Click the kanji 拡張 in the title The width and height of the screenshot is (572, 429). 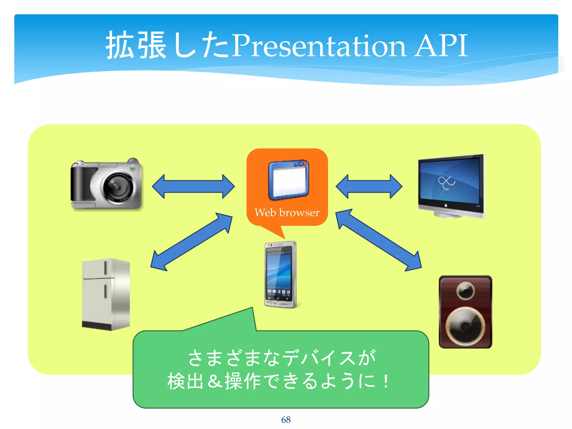[x=136, y=45]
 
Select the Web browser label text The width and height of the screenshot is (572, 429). [x=287, y=213]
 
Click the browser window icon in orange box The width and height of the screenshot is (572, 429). [x=289, y=180]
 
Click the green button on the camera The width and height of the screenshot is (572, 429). [x=133, y=168]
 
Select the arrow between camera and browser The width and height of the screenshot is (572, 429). [x=193, y=187]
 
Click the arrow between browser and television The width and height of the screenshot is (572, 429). [x=369, y=187]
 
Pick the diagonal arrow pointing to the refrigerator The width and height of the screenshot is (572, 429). [x=192, y=242]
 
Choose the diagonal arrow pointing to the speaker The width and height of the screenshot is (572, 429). [x=378, y=240]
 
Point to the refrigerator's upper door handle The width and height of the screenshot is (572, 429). [x=106, y=268]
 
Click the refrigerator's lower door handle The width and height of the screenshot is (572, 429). [x=106, y=291]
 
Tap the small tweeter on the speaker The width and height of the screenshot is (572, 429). [x=465, y=291]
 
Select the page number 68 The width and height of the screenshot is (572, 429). [x=286, y=420]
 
